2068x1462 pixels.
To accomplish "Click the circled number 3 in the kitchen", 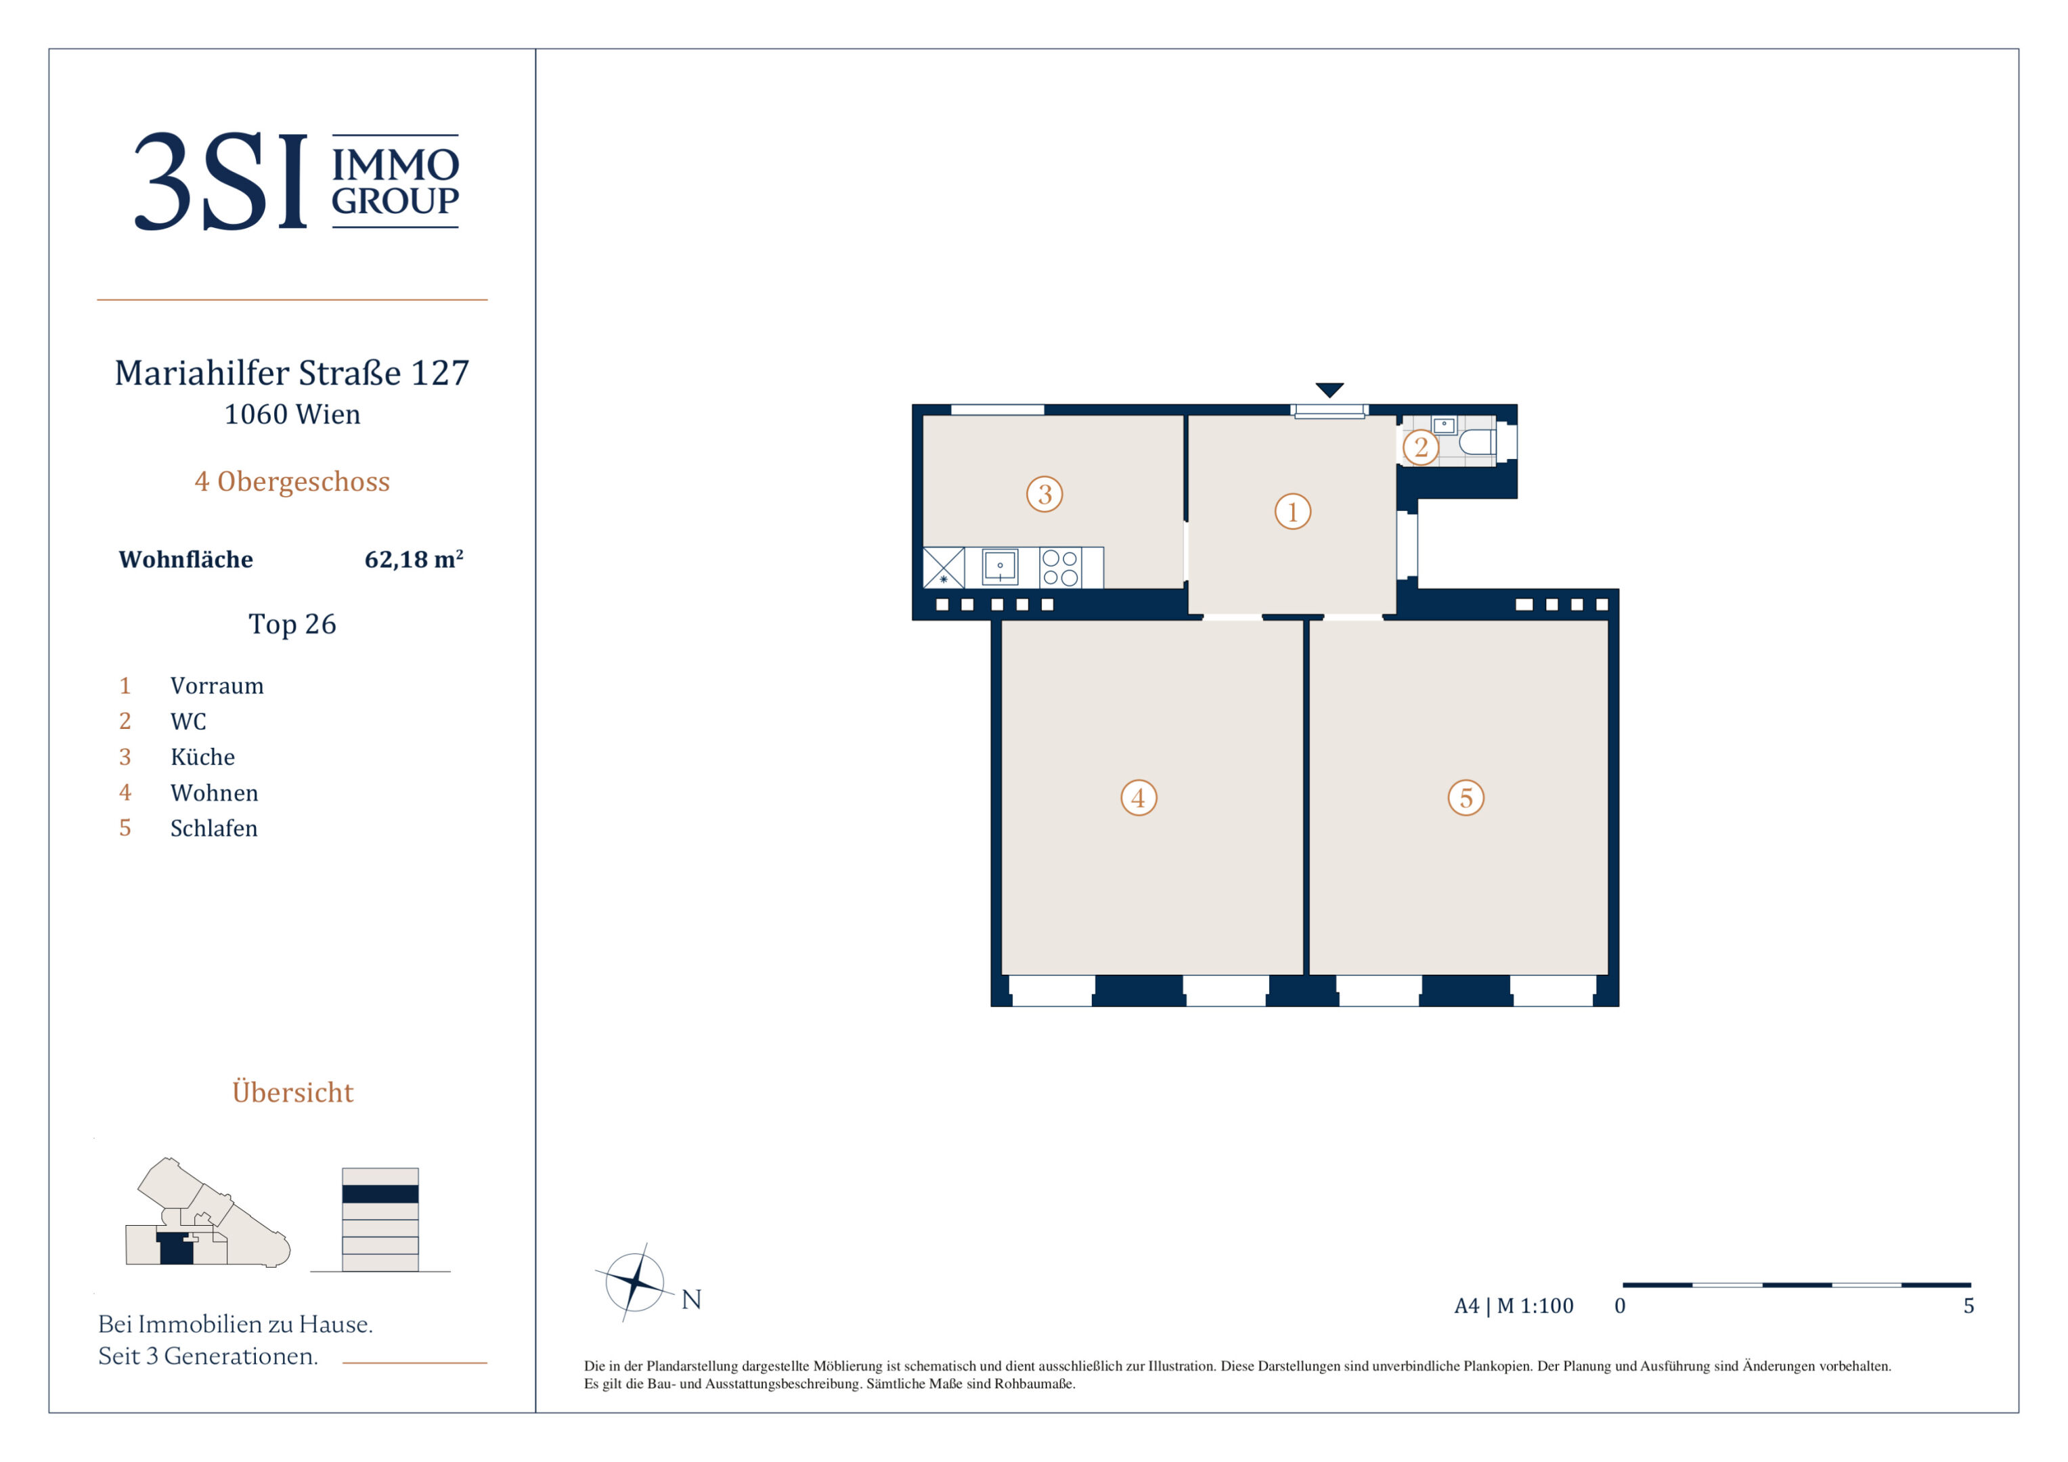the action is point(1044,493).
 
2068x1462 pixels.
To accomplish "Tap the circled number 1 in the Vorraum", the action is point(1292,512).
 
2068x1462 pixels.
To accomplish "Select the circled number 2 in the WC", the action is point(1420,447).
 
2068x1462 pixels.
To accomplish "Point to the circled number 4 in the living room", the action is point(1139,797).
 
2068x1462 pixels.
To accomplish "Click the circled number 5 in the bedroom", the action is point(1466,797).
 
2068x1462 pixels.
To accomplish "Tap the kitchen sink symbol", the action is point(1000,567).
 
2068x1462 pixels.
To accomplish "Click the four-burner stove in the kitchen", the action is point(1060,567).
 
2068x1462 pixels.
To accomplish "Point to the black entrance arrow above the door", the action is point(1329,390).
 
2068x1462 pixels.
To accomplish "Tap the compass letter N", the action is point(691,1299).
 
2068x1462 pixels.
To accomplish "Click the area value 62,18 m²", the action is point(414,559).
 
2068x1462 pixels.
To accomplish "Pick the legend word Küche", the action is point(202,757).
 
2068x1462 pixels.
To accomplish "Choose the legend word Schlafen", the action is point(213,828).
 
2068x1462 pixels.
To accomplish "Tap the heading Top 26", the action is point(292,623).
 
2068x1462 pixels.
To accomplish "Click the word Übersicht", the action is point(292,1091).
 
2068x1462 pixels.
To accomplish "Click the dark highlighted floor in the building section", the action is point(380,1193).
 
